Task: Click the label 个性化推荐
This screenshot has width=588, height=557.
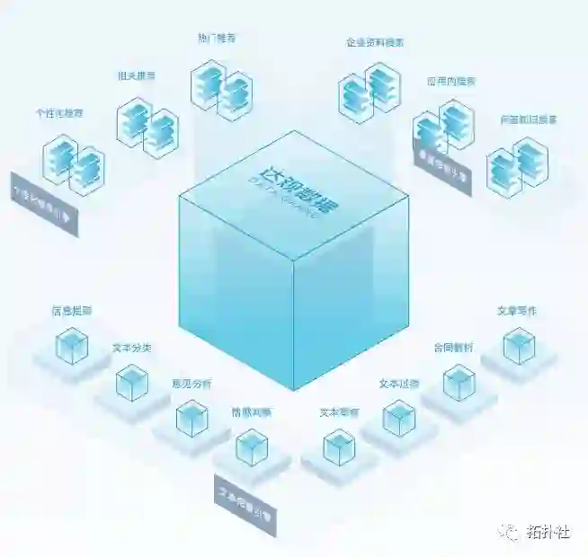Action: click(x=59, y=114)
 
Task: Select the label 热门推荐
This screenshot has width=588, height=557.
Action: click(x=216, y=39)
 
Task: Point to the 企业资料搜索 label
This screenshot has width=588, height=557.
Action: click(x=374, y=42)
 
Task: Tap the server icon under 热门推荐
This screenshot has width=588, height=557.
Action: click(x=221, y=90)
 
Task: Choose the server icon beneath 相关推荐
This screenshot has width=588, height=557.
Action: click(x=147, y=127)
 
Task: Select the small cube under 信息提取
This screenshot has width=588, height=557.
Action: click(x=72, y=347)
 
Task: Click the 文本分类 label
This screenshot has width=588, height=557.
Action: click(x=131, y=347)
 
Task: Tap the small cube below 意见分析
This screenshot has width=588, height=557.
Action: click(x=192, y=418)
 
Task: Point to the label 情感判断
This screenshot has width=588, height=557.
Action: click(x=251, y=413)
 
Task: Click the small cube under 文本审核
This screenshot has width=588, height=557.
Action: click(x=339, y=447)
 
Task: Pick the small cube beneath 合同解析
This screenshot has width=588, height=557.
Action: click(x=459, y=383)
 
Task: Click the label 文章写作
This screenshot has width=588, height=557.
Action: click(x=517, y=311)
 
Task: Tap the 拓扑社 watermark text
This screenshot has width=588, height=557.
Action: click(x=548, y=532)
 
